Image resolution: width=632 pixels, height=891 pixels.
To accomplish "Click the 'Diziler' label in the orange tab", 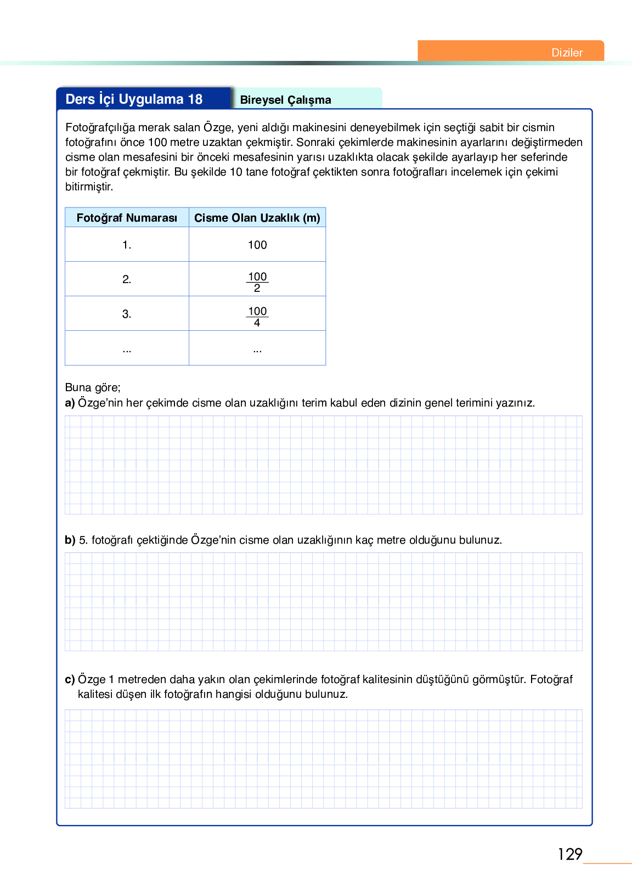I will click(567, 53).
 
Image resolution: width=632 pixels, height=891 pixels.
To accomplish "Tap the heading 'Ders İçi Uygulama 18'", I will click(134, 99).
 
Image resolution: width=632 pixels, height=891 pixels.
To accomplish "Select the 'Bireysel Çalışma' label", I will click(285, 100).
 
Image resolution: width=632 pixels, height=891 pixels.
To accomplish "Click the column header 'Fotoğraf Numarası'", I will click(127, 218).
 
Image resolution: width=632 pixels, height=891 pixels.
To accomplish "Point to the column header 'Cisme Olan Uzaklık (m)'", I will click(257, 218).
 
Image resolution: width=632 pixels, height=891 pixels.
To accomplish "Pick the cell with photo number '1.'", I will click(127, 245).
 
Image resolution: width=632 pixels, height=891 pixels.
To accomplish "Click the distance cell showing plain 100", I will click(257, 245).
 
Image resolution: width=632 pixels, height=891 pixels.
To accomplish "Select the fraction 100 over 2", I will click(257, 282).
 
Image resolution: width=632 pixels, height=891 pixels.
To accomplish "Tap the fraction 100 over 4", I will click(257, 317).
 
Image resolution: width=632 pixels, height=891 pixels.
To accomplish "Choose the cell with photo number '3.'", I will click(127, 314).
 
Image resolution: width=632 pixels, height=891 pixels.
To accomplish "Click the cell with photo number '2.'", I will click(127, 279).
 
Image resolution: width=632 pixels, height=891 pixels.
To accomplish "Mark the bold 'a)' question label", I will click(70, 403).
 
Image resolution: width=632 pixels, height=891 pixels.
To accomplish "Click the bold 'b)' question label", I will click(70, 540).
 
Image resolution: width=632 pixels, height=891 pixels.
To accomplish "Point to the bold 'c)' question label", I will click(70, 679).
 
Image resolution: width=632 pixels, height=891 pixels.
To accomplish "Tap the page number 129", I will click(569, 854).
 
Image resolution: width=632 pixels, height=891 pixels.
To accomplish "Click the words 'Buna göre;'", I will click(93, 387).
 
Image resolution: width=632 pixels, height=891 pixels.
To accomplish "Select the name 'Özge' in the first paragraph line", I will click(218, 127).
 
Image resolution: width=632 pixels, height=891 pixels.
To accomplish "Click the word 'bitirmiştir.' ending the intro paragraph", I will click(89, 187).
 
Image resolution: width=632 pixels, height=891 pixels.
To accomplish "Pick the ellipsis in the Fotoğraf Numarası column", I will click(127, 349).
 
